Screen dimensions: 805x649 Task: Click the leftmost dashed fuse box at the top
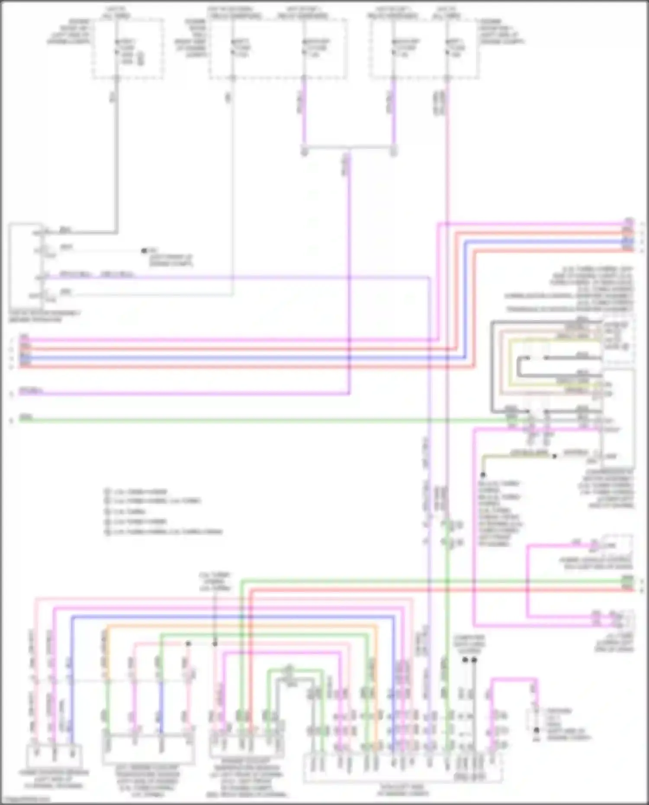(128, 48)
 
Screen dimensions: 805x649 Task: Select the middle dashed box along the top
(277, 48)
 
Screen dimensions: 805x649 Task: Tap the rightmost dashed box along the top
(424, 48)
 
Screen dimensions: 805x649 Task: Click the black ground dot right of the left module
(144, 250)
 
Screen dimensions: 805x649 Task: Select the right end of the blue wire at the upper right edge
(633, 241)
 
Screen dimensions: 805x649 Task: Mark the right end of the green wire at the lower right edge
(633, 582)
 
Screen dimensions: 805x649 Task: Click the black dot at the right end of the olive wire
(554, 456)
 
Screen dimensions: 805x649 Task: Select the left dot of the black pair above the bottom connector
(465, 660)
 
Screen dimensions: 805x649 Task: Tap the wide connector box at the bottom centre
(402, 768)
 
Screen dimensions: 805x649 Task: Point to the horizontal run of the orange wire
(242, 626)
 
